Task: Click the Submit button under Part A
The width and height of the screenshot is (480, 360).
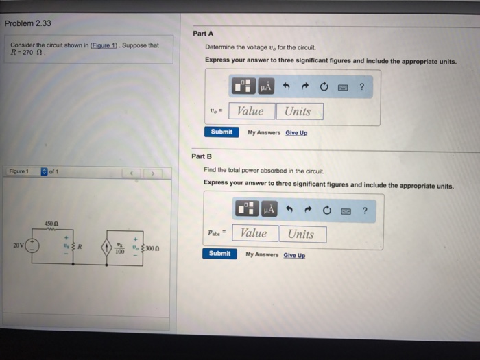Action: [221, 132]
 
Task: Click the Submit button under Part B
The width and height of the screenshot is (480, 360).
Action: [219, 253]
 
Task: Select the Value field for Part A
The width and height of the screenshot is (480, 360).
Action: [250, 111]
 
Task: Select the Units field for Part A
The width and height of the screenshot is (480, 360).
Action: [298, 111]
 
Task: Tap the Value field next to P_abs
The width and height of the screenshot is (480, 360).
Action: [254, 233]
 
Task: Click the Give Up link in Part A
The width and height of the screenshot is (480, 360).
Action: [296, 132]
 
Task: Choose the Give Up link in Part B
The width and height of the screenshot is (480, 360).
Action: [294, 255]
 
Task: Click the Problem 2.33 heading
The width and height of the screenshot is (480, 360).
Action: [28, 23]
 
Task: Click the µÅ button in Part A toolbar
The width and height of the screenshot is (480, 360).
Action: [265, 87]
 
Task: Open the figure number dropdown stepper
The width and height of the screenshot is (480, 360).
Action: [44, 171]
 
